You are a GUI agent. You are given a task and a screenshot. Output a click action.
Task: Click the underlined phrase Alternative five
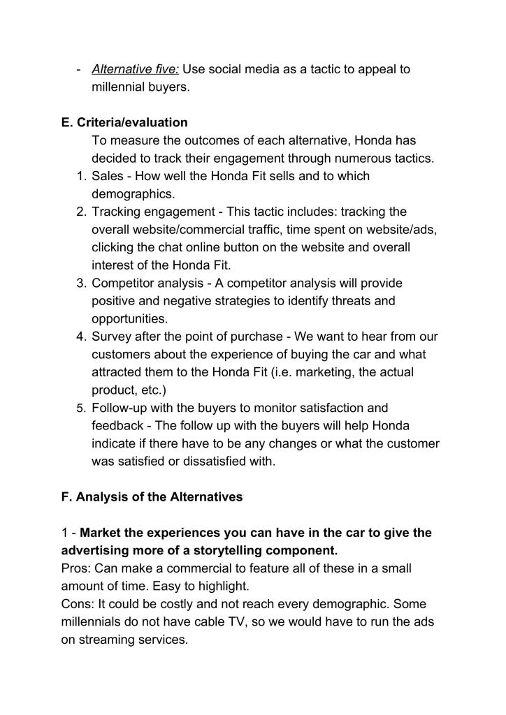point(136,69)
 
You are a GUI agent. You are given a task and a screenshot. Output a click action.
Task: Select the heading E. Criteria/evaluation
point(124,123)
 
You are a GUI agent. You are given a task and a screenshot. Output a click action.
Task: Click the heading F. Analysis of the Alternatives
point(152,497)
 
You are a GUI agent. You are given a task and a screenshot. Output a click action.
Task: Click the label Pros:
point(75,568)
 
